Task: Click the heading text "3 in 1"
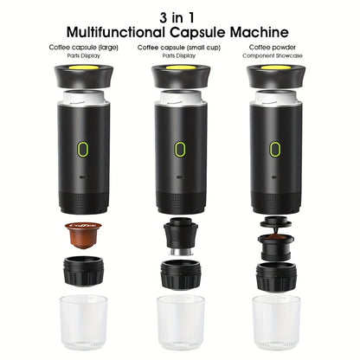(x=179, y=16)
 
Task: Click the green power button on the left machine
(x=83, y=149)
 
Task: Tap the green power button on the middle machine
(x=179, y=149)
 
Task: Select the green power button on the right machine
(x=274, y=149)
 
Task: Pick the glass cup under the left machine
(x=83, y=321)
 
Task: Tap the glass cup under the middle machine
(x=179, y=321)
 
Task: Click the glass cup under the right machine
(x=275, y=321)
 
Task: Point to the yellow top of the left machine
(x=83, y=67)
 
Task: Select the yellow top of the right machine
(x=274, y=67)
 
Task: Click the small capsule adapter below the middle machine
(x=179, y=235)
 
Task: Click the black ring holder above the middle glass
(x=179, y=273)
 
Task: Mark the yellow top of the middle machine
(x=179, y=67)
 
